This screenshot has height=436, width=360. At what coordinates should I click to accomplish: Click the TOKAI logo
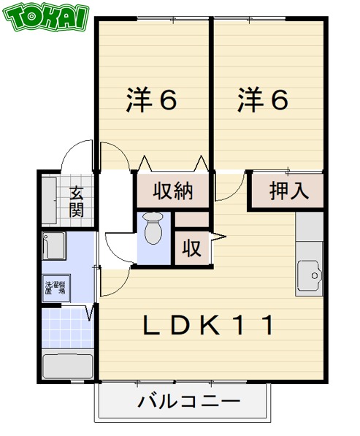(46, 17)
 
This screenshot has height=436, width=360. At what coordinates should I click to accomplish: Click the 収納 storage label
(172, 191)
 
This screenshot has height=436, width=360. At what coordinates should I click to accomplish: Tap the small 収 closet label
(191, 248)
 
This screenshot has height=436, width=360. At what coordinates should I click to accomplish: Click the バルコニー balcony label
(188, 402)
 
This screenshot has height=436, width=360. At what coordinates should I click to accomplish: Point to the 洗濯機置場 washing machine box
(55, 288)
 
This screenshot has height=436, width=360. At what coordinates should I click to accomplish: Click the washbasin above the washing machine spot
(54, 245)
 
